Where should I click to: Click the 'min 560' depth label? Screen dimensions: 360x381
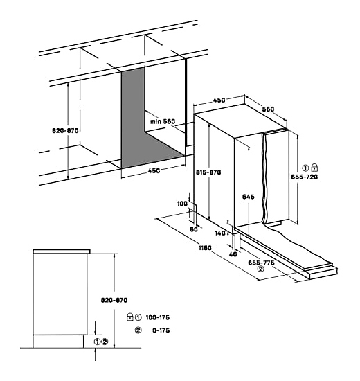[x=163, y=121]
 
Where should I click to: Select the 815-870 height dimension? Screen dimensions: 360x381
[x=208, y=172]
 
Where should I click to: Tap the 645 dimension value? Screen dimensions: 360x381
[x=249, y=197]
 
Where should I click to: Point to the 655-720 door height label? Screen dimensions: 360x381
[x=305, y=177]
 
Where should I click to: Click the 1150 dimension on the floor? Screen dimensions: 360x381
[x=205, y=248]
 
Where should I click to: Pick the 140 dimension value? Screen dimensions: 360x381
[x=220, y=233]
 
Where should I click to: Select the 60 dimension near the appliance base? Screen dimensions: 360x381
[x=194, y=229]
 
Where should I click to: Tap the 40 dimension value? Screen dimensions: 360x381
[x=233, y=254]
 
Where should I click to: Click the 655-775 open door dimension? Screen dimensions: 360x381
[x=261, y=263]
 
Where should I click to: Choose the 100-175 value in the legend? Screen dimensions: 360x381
[x=158, y=317]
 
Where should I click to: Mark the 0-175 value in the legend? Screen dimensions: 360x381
[x=161, y=330]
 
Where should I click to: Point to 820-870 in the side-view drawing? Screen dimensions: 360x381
[x=114, y=300]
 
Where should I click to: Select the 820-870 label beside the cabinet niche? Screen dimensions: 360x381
[x=65, y=130]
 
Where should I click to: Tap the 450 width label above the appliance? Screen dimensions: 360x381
[x=219, y=100]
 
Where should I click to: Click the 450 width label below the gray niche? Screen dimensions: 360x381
[x=154, y=170]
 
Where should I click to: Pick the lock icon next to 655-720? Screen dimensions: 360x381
[x=314, y=168]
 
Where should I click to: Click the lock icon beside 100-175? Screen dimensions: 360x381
[x=130, y=317]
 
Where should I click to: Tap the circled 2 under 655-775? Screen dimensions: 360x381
[x=261, y=269]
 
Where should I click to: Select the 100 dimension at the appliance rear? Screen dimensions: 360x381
[x=182, y=203]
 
